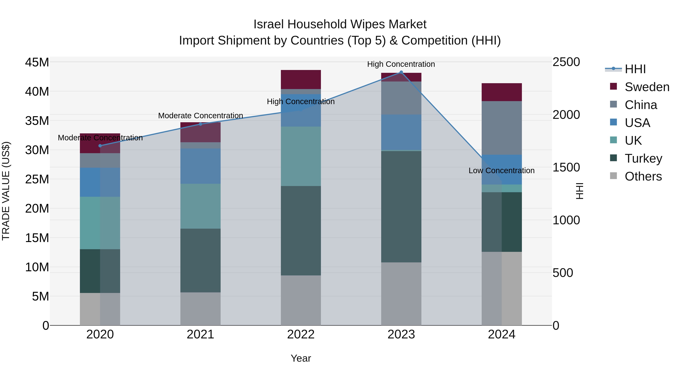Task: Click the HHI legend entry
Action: tap(635, 69)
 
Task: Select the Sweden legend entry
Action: tap(647, 87)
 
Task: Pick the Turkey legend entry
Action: tap(643, 158)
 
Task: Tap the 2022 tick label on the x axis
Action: tap(301, 334)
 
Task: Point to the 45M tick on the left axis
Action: tap(37, 62)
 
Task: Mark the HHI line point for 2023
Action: tap(401, 72)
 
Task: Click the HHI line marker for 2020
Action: tap(100, 146)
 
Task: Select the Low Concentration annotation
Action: tap(501, 171)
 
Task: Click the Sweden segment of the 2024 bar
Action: tap(501, 92)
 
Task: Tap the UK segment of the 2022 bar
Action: tap(301, 156)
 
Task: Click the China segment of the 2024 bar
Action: tap(501, 128)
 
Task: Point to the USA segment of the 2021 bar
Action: tap(200, 166)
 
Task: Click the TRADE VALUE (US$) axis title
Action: tap(6, 191)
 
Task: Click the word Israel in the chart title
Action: tap(269, 25)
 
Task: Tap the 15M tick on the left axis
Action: tap(37, 238)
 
